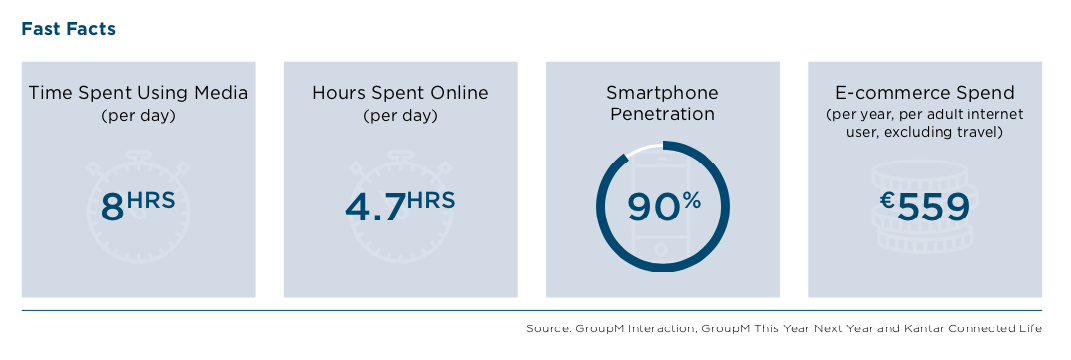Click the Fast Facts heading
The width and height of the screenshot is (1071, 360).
coord(68,29)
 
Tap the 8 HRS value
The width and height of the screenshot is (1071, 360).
coord(137,206)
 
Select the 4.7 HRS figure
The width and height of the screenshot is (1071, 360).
coord(400,206)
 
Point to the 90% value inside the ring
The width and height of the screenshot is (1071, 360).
coord(663,207)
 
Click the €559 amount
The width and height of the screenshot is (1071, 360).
coord(925,207)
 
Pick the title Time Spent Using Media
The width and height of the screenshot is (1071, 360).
coord(138,93)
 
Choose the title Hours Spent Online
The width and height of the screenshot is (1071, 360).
coord(400,93)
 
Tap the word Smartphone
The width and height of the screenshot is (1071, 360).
coord(663,92)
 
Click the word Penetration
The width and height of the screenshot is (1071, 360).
coord(663,114)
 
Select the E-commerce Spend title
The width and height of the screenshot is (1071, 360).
coord(925,93)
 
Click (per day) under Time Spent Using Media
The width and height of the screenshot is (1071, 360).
coord(138,116)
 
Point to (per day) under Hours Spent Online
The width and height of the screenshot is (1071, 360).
coord(400,116)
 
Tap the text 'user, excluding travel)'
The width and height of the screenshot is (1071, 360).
coord(925,133)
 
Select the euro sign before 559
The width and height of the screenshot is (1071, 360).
coord(887,201)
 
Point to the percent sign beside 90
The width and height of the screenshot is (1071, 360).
coord(691,200)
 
